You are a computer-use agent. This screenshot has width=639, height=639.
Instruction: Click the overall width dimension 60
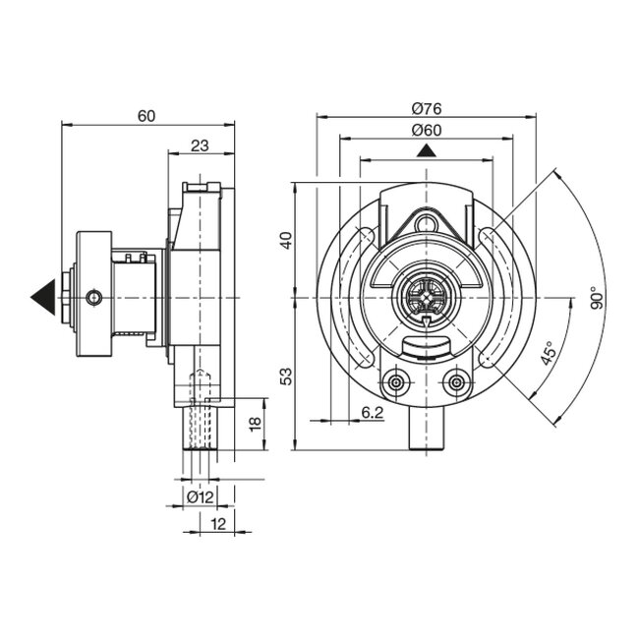pos(146,116)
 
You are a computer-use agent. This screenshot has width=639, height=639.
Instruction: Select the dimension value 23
pos(200,145)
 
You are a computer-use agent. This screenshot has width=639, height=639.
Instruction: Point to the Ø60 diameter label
pos(425,130)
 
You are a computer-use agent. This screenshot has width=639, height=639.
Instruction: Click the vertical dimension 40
pos(286,239)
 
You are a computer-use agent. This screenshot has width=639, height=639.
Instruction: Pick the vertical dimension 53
pos(286,376)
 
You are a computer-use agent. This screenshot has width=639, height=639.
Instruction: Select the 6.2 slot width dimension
pos(372,413)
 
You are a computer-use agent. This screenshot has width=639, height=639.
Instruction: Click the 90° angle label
pos(597,299)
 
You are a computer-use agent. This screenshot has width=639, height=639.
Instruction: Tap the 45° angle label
pos(547,353)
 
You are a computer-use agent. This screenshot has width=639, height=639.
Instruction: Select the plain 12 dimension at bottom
pos(218,525)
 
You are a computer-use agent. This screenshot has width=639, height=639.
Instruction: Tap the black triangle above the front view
pos(426,150)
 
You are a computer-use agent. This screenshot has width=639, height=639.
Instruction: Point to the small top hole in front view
pos(426,225)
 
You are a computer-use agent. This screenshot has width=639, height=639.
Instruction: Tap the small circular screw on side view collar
pos(93,297)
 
